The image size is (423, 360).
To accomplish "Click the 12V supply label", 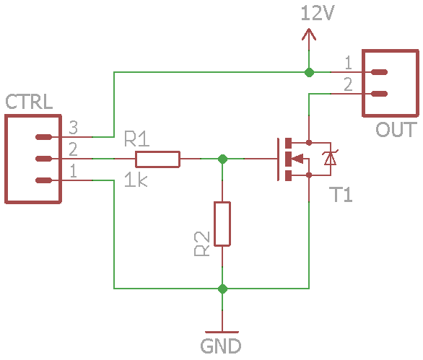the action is (318, 13).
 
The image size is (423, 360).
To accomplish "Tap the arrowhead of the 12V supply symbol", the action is (309, 34).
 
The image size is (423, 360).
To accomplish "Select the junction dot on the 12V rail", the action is (309, 72).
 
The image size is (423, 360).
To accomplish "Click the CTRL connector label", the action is (29, 102).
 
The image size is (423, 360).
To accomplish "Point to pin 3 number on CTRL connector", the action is (74, 127).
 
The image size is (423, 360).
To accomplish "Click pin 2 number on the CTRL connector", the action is (73, 149).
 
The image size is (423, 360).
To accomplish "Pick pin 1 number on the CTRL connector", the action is (73, 171).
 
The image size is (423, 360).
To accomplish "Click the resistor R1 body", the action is (157, 159).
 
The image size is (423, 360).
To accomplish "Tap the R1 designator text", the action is (136, 139).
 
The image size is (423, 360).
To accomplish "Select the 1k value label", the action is (136, 180).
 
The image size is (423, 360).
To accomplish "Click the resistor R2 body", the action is (222, 224).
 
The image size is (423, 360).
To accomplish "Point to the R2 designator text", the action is (202, 244).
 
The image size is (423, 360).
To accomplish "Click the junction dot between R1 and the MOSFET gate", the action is (222, 159).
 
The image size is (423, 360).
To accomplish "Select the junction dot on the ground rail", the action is (222, 289).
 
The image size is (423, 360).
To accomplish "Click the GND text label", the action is (221, 346).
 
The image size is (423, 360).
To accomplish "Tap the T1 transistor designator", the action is (341, 194).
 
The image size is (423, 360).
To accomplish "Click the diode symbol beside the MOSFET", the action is (331, 159).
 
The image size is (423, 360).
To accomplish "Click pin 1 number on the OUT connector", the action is (348, 63).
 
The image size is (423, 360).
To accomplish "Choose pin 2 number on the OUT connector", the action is (348, 84).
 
